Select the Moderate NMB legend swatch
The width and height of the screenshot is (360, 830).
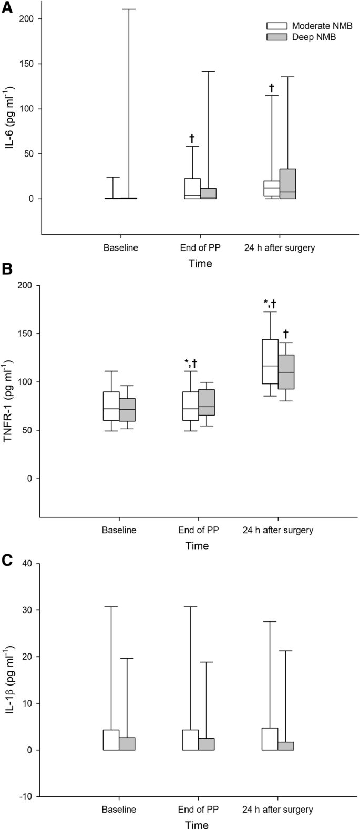pos(276,25)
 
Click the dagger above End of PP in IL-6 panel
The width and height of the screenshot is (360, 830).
pos(192,139)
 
